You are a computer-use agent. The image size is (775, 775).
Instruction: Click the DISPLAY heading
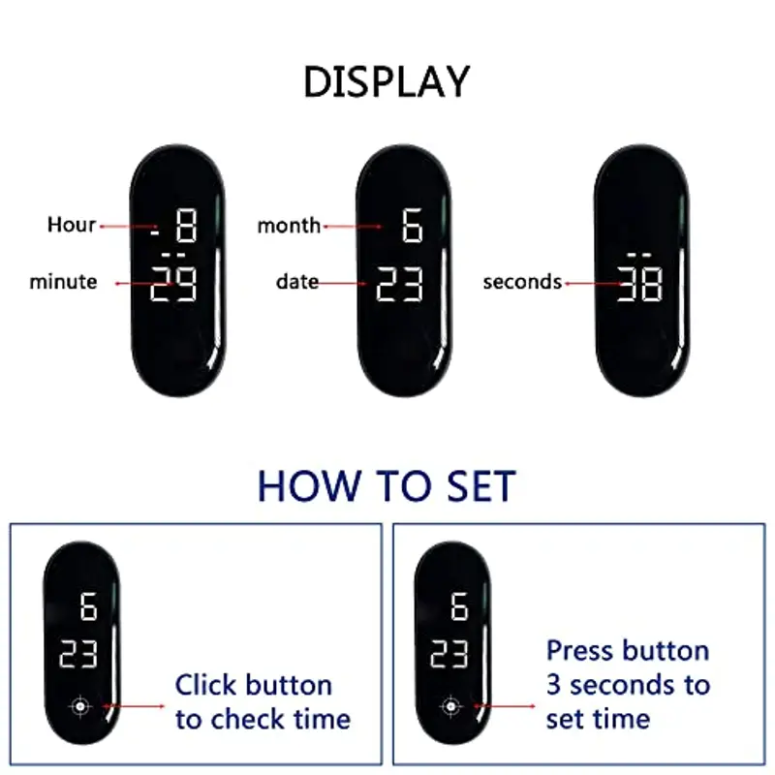pyautogui.click(x=387, y=82)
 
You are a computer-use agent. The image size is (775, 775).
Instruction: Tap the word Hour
pyautogui.click(x=71, y=225)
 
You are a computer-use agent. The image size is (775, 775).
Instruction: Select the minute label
pyautogui.click(x=63, y=282)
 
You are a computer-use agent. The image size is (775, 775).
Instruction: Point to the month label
pyautogui.click(x=289, y=226)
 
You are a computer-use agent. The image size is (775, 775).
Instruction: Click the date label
pyautogui.click(x=297, y=282)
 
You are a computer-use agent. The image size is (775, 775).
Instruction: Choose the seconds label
pyautogui.click(x=522, y=282)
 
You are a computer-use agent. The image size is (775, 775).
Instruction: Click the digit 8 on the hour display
pyautogui.click(x=187, y=226)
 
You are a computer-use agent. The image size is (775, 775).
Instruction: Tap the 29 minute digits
pyautogui.click(x=173, y=284)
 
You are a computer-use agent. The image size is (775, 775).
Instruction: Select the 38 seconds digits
pyautogui.click(x=640, y=284)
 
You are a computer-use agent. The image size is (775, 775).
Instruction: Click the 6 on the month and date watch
pyautogui.click(x=413, y=226)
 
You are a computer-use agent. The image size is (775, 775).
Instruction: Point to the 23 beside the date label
pyautogui.click(x=399, y=284)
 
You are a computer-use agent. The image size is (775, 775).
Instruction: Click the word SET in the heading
pyautogui.click(x=481, y=486)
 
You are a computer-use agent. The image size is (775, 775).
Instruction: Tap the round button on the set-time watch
pyautogui.click(x=450, y=706)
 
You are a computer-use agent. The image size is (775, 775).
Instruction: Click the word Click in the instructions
pyautogui.click(x=205, y=685)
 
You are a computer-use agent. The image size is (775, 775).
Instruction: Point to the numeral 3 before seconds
pyautogui.click(x=553, y=686)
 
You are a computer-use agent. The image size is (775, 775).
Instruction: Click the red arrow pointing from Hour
pyautogui.click(x=129, y=227)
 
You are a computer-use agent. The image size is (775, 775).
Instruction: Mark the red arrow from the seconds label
pyautogui.click(x=593, y=284)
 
